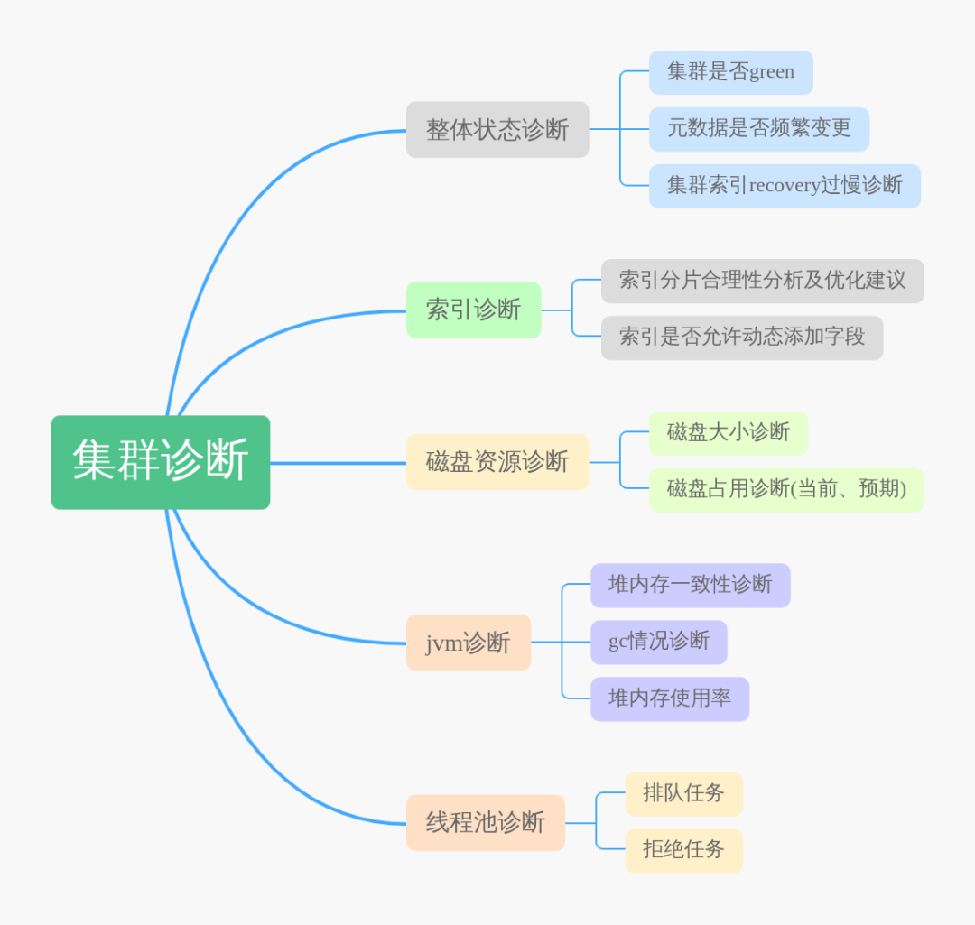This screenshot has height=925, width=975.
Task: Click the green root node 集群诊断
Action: click(161, 462)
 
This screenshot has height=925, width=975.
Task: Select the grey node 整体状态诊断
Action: click(497, 130)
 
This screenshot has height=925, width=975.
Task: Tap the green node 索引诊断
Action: click(473, 310)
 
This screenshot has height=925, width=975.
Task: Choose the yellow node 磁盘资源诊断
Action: click(497, 462)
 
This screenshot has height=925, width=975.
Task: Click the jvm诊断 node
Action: click(468, 643)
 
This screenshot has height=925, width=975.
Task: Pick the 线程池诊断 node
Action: click(486, 822)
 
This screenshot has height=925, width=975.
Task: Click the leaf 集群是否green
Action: click(730, 72)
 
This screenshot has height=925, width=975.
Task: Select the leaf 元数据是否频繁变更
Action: click(758, 129)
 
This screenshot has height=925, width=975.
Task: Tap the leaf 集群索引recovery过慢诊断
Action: click(785, 186)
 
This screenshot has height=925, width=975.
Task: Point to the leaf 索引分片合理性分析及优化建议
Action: click(762, 281)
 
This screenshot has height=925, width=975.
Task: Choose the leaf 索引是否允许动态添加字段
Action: click(741, 338)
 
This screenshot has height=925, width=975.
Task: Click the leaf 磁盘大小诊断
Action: click(728, 433)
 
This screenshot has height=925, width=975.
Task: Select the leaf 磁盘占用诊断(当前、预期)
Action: click(785, 490)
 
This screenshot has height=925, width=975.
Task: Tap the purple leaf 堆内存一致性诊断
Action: click(690, 585)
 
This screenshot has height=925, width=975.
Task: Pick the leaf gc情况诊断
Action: click(658, 642)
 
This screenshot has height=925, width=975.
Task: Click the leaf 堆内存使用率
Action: click(669, 698)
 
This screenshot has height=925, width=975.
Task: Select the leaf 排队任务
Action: click(683, 793)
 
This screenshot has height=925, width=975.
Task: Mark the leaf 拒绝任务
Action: click(683, 850)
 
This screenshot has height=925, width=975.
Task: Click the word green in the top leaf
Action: click(772, 73)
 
